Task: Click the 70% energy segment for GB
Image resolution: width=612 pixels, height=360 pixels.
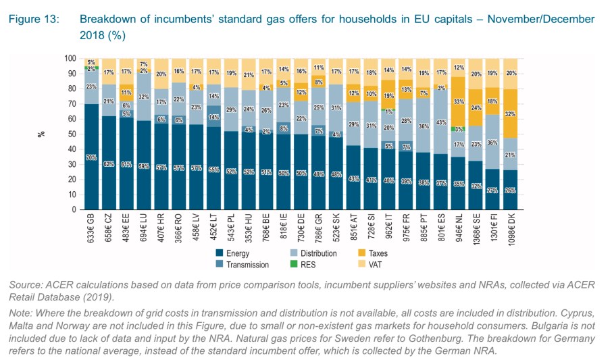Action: coord(91,157)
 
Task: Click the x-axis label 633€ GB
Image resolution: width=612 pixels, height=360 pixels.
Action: coord(91,228)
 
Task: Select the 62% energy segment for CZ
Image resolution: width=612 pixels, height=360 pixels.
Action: coord(109,163)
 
